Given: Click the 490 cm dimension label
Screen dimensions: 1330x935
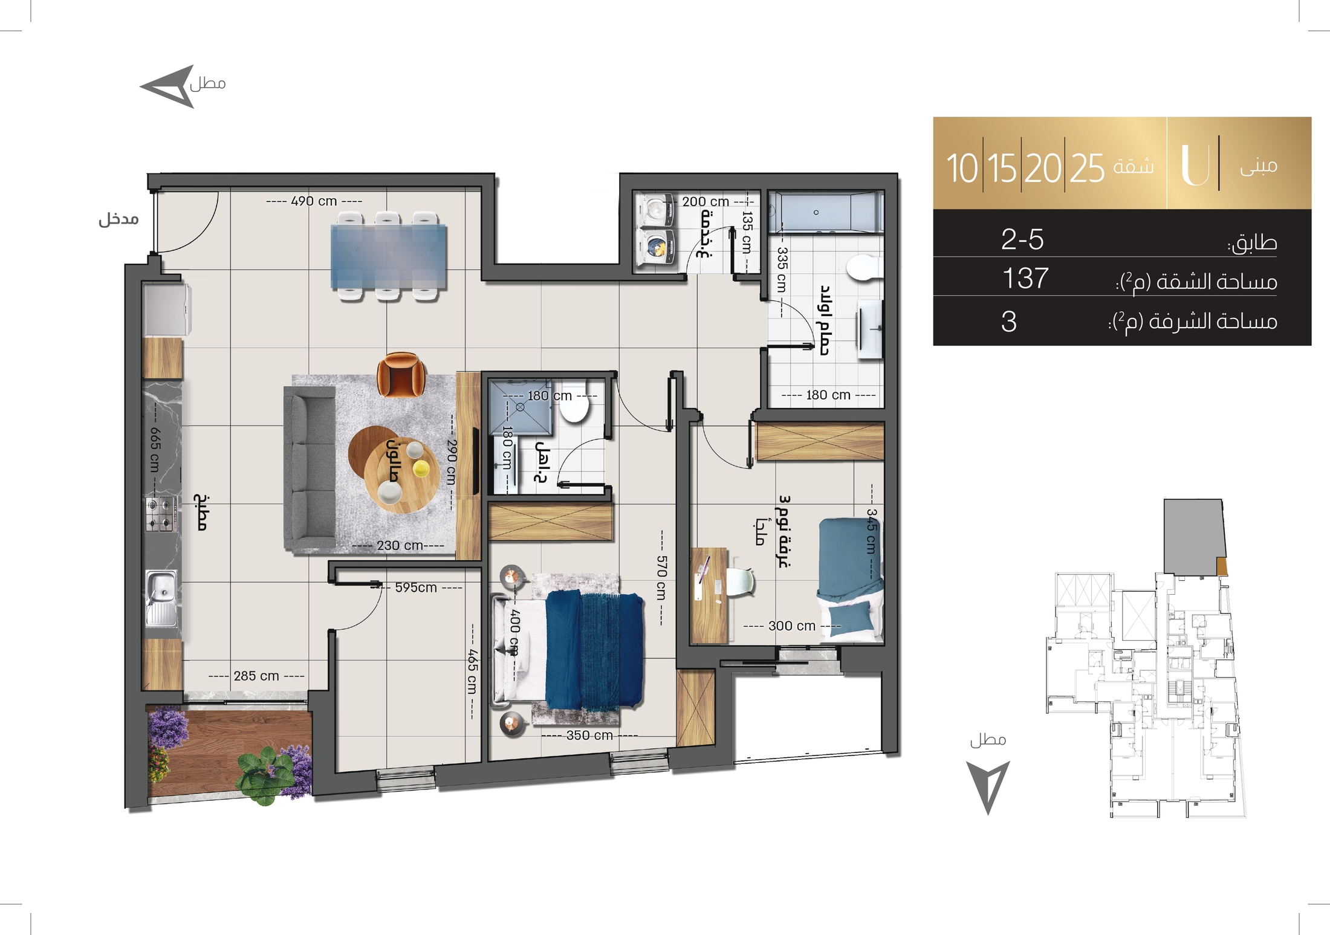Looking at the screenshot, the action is coord(314,201).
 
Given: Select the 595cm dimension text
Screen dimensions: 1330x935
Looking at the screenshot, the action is coord(416,587).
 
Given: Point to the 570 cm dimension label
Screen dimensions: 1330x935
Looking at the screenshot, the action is coord(661,578).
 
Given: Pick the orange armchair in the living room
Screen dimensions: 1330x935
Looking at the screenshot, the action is coord(400,375).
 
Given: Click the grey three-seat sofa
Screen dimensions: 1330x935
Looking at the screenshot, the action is coord(310,470).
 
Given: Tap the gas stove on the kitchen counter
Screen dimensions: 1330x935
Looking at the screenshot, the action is coord(161,514).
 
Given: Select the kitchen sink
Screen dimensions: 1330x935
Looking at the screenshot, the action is coord(161,598).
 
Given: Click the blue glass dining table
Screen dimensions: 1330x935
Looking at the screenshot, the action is coord(389,256).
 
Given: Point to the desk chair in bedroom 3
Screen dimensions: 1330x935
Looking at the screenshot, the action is coord(741,582).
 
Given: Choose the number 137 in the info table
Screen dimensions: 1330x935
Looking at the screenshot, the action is coord(1025,279).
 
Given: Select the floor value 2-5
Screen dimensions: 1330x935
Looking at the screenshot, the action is coord(1022,239).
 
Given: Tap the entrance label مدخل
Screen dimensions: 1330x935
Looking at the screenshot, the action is coord(119,219).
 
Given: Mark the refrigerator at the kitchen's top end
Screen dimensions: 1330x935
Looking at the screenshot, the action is coord(167,309).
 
